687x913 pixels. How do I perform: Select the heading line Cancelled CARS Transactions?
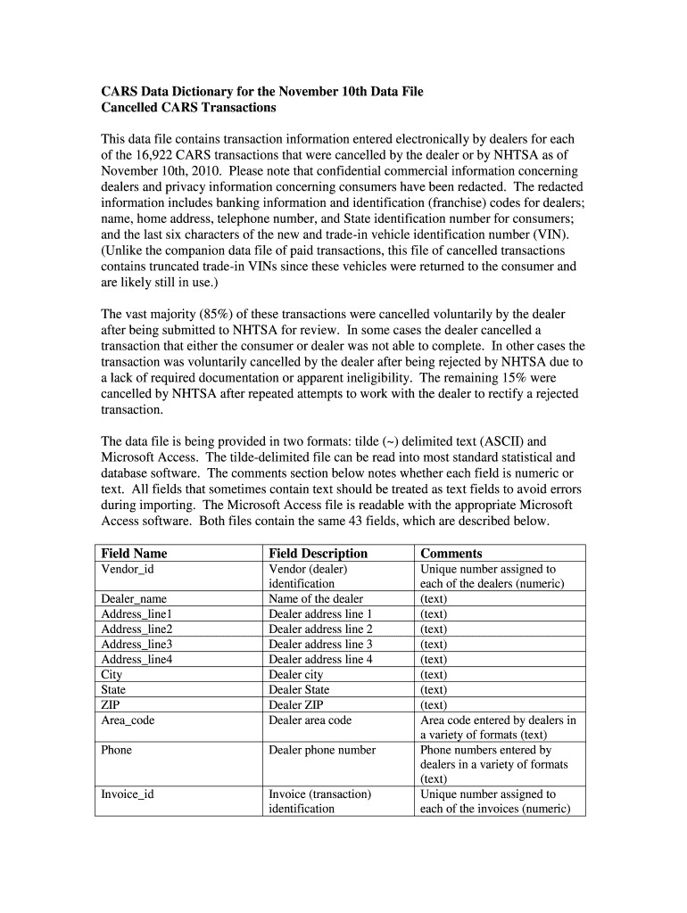click(188, 108)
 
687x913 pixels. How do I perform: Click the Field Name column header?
click(134, 553)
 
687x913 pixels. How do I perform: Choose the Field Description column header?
click(318, 553)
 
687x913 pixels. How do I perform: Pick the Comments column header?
click(451, 553)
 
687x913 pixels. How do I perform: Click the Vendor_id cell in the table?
click(128, 569)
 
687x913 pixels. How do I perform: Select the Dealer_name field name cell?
click(134, 599)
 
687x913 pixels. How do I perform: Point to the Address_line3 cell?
click(137, 645)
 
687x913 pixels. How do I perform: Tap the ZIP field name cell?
click(112, 704)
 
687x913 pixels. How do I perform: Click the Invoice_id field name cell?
click(128, 794)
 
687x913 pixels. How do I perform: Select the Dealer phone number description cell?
click(322, 750)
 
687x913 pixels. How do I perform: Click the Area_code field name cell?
click(128, 720)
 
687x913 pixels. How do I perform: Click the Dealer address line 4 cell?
click(320, 660)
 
